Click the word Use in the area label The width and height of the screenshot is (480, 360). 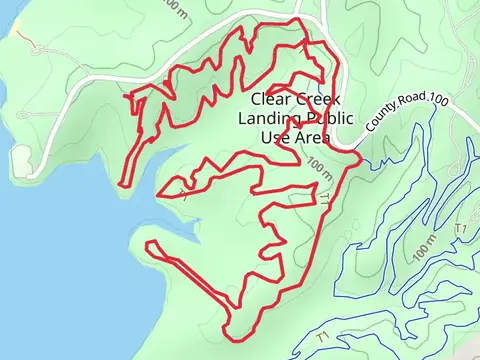[x=272, y=137]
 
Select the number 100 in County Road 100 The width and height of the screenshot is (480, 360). [x=438, y=97]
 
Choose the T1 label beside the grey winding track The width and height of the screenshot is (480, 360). [x=461, y=229]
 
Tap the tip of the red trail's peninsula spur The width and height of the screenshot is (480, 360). [x=150, y=245]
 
